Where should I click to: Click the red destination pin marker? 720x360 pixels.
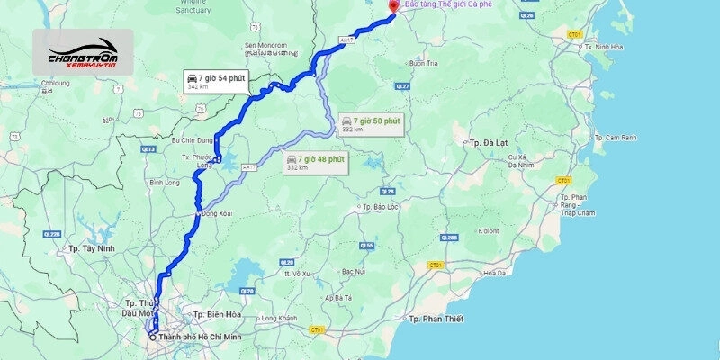391,7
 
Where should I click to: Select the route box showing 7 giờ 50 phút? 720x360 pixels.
371,123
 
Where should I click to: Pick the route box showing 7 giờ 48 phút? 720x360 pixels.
316,162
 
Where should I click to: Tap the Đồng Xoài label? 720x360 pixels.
218,213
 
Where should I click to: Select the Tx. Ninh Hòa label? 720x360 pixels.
605,46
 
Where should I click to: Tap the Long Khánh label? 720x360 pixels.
278,318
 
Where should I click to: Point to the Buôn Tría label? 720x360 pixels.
423,63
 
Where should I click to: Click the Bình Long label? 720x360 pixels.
166,182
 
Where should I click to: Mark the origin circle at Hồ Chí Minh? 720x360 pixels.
153,337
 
